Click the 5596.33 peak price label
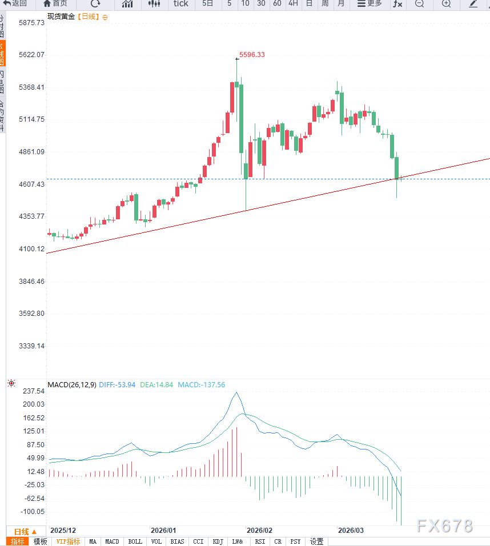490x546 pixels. click(x=252, y=55)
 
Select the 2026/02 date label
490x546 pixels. click(x=259, y=531)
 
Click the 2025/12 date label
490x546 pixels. click(x=63, y=531)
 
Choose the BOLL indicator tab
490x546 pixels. click(x=135, y=541)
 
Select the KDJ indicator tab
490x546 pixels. click(x=218, y=541)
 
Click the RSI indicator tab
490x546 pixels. click(x=260, y=541)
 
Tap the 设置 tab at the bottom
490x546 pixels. click(x=317, y=541)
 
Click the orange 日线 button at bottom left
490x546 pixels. click(x=25, y=531)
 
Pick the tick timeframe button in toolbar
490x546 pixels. click(x=180, y=4)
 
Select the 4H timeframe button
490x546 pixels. click(x=293, y=4)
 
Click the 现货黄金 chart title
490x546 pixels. click(x=61, y=17)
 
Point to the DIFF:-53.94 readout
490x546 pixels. click(x=117, y=385)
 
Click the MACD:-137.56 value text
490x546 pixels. click(x=202, y=385)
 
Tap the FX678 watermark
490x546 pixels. click(x=445, y=526)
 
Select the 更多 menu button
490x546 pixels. click(x=369, y=4)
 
